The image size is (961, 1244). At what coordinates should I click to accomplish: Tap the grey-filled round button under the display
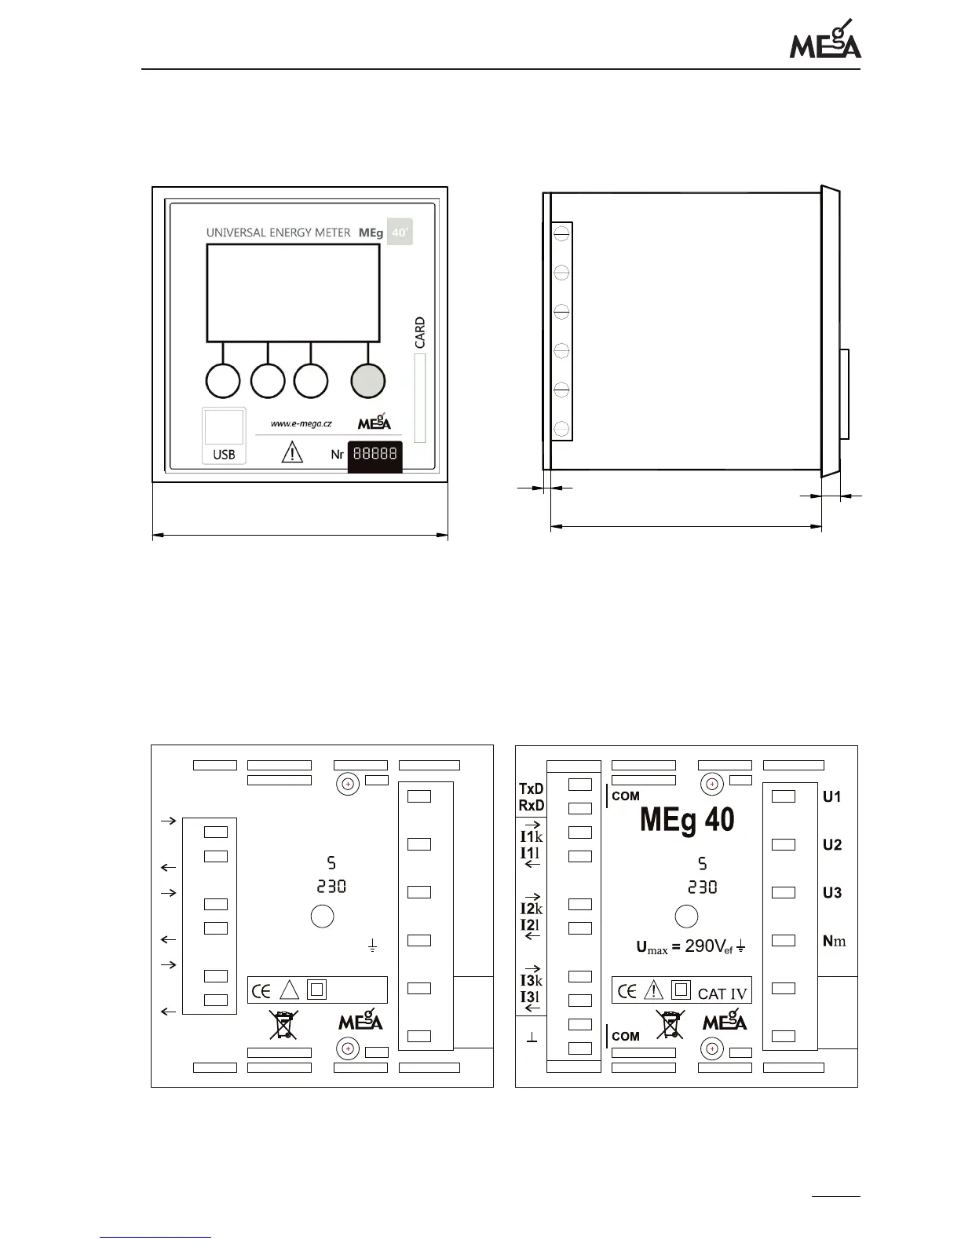point(368,381)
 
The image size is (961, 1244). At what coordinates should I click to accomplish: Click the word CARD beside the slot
point(420,332)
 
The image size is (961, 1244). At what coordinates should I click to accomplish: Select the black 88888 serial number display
point(375,455)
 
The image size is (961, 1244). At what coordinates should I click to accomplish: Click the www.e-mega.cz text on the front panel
point(301,423)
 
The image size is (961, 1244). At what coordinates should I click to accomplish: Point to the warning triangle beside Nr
point(291,453)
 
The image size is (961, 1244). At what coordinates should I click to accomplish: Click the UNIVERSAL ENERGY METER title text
point(278,232)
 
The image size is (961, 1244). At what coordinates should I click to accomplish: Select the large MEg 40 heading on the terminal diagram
point(687,820)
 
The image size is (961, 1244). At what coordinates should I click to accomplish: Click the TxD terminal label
point(532,788)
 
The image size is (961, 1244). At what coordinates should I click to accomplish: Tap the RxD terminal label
point(532,806)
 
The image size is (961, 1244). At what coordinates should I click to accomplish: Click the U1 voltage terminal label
point(832,797)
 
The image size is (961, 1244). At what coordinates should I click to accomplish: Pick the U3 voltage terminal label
point(832,893)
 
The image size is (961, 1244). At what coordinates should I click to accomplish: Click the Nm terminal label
point(834,941)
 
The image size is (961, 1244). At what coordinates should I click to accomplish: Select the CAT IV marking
point(722,993)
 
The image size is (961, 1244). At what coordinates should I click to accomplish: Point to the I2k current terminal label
point(532,909)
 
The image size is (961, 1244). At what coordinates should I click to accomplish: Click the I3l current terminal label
point(530,997)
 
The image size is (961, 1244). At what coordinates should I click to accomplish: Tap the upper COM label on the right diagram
point(626,796)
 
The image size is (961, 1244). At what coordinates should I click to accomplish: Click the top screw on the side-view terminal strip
point(561,234)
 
